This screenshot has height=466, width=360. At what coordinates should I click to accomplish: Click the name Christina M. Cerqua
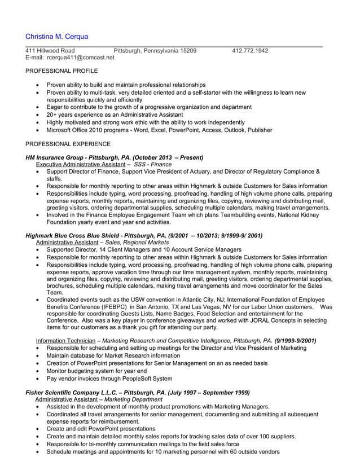pyautogui.click(x=57, y=37)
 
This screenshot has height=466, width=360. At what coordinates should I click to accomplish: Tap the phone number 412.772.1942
pyautogui.click(x=250, y=51)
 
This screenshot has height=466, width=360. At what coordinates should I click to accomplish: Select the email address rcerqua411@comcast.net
pyautogui.click(x=81, y=58)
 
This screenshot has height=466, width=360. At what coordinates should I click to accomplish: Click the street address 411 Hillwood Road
pyautogui.click(x=50, y=51)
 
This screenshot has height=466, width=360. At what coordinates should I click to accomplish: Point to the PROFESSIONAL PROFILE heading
pyautogui.click(x=62, y=71)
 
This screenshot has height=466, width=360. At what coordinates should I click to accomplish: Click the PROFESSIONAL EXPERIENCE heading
pyautogui.click(x=68, y=144)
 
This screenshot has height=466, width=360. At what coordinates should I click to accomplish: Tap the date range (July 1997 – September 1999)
pyautogui.click(x=201, y=393)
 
